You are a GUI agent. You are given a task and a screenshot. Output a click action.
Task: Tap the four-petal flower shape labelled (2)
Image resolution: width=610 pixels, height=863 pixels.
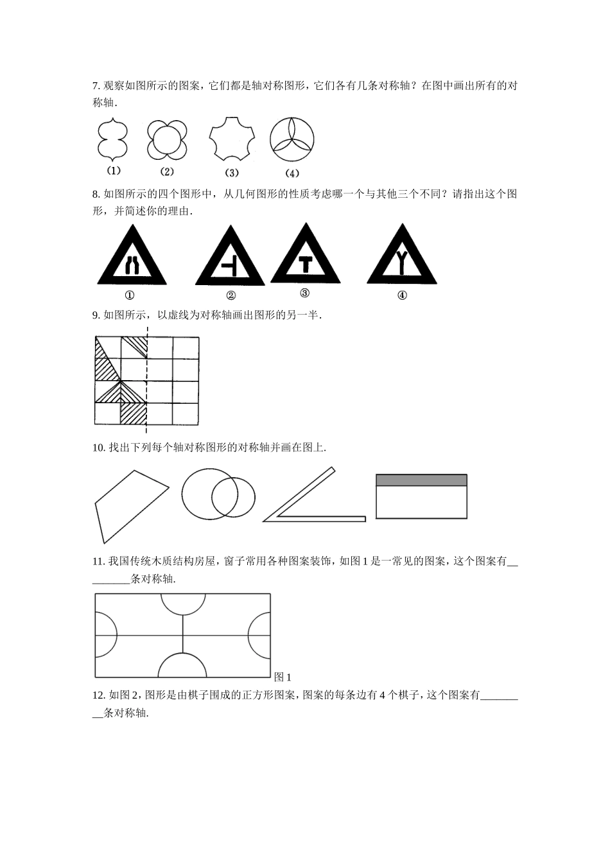point(167,139)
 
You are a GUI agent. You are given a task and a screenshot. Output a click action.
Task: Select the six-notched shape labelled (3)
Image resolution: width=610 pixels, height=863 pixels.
point(231,138)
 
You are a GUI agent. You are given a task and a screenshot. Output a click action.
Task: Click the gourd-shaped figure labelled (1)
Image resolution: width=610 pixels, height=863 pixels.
point(112,139)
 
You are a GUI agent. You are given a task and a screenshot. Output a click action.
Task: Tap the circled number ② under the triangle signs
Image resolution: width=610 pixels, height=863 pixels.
point(231,295)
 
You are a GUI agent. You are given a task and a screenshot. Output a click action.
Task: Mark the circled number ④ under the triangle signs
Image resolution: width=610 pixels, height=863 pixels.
point(402,295)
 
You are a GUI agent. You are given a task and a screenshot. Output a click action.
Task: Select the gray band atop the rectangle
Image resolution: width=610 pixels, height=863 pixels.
point(421,480)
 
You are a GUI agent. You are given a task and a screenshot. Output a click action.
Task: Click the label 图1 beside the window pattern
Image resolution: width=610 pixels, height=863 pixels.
point(283,677)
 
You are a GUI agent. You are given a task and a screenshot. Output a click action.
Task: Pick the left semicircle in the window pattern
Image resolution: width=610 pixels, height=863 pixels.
point(105,635)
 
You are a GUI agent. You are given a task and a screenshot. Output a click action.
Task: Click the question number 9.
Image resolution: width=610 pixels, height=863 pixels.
point(96,315)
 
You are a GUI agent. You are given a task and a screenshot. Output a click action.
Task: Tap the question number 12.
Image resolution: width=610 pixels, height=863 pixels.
point(99,695)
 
